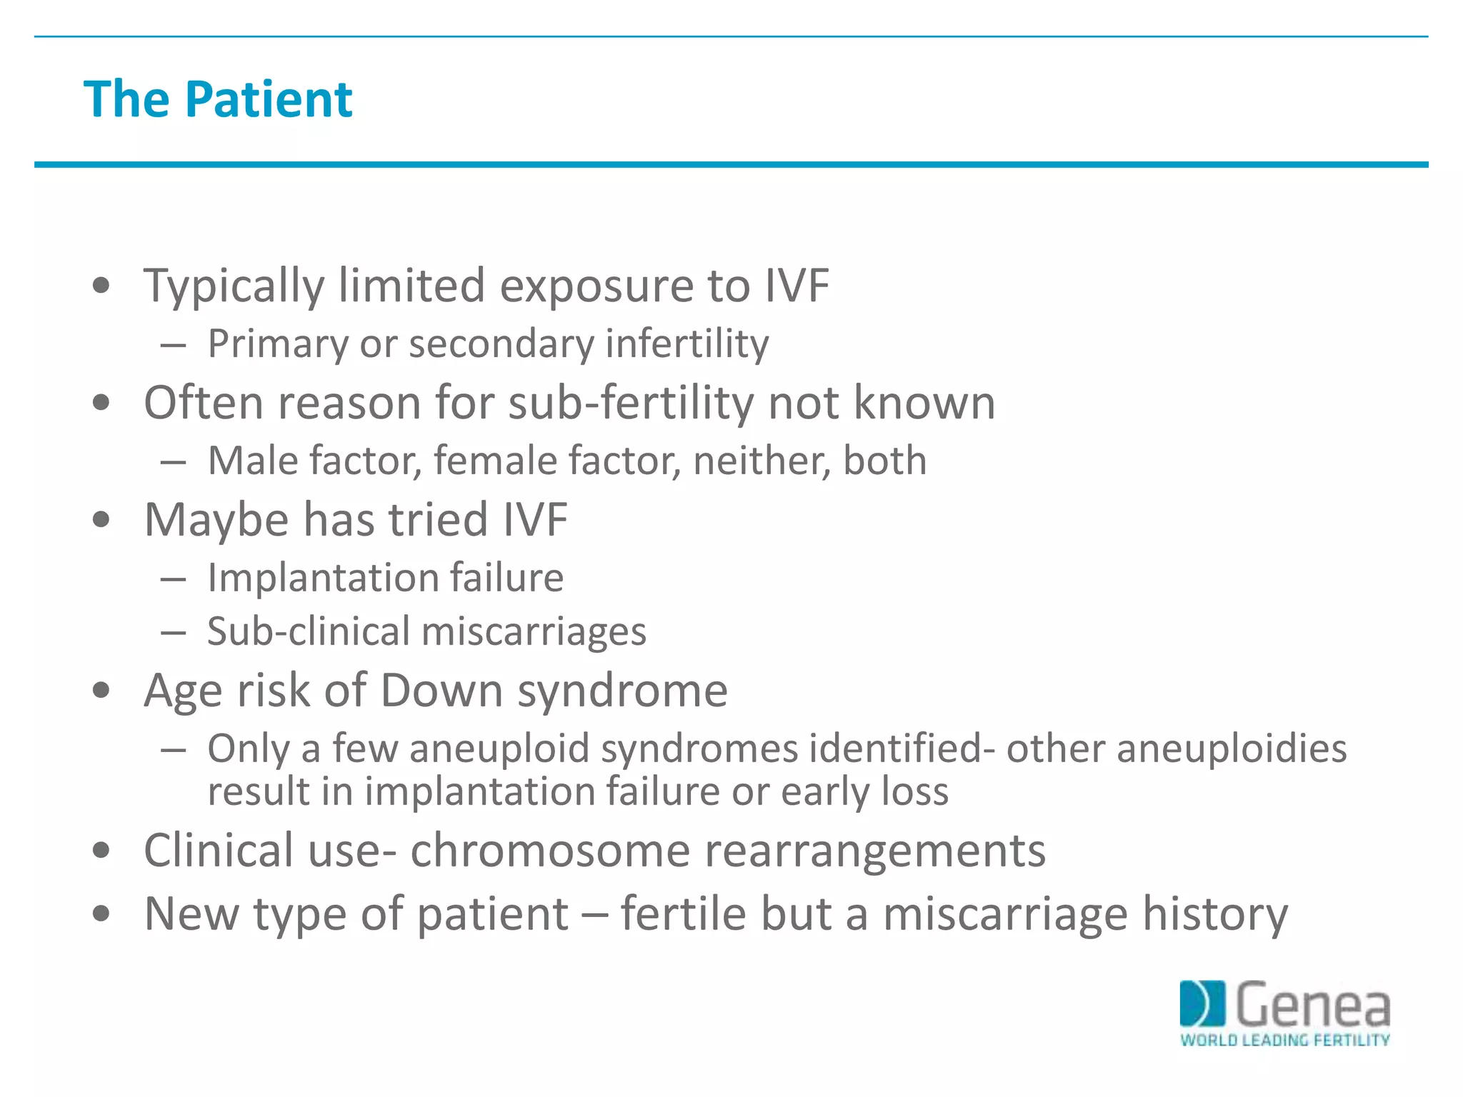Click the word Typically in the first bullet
(234, 286)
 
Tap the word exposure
(596, 286)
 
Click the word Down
(441, 691)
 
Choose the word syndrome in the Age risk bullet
(622, 691)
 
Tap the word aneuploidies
(1232, 748)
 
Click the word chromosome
(550, 851)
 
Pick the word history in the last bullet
(1215, 913)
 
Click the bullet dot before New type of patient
(101, 913)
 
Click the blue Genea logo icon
(1202, 1004)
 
